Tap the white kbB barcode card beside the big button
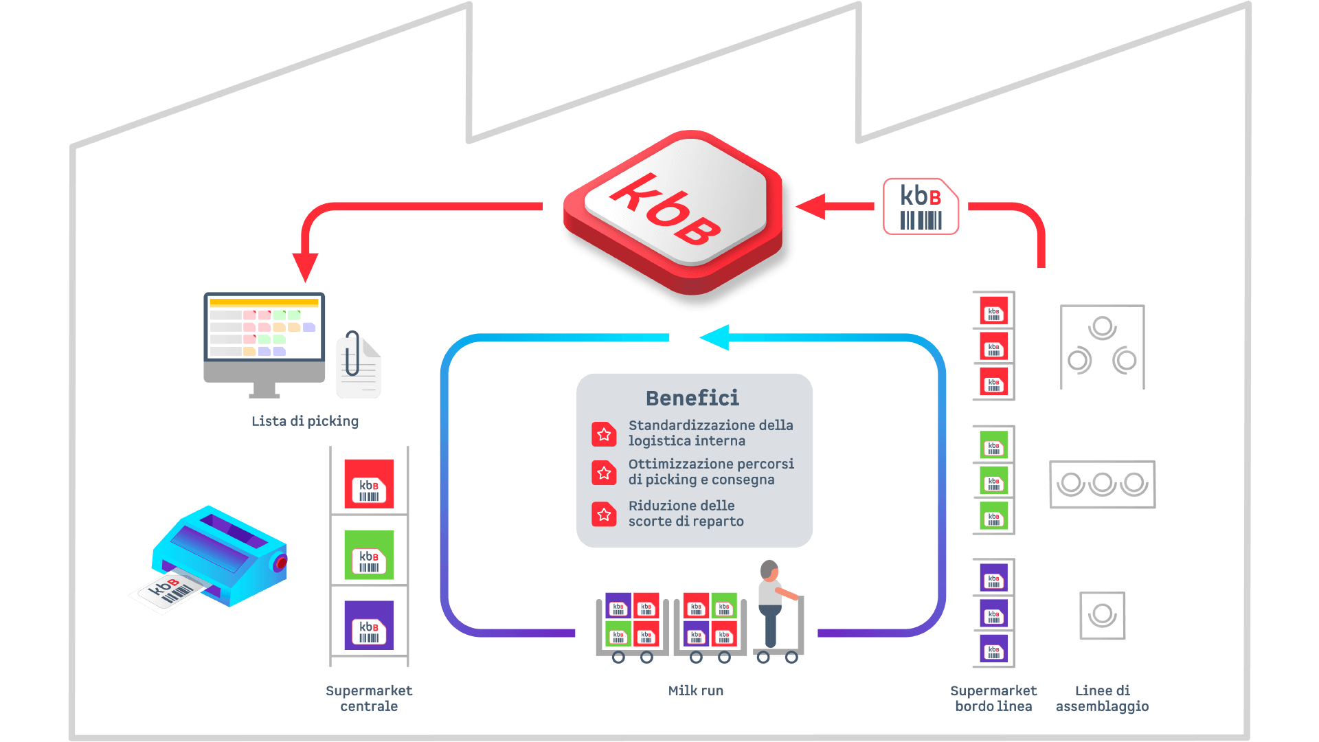click(921, 206)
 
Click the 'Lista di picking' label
click(305, 421)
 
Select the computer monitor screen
click(264, 328)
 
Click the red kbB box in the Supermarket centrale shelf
click(369, 484)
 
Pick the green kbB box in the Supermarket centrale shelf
click(369, 555)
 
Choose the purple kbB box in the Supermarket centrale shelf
click(369, 625)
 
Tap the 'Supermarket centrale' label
click(369, 698)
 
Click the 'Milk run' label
click(696, 690)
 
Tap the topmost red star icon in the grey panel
click(604, 434)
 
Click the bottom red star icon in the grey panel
click(604, 514)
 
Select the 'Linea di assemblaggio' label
click(1102, 698)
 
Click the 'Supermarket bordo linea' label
click(993, 698)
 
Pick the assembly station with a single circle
click(1102, 615)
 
